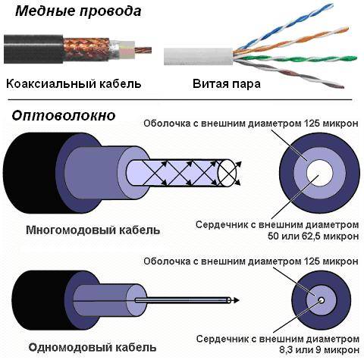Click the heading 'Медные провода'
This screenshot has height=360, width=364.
pos(78,11)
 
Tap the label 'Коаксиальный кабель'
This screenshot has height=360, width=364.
pos(74,83)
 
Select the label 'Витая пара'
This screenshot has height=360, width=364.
pos(227,84)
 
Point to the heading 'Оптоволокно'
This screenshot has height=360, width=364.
pos(64,116)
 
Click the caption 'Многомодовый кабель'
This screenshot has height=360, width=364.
pos(93,230)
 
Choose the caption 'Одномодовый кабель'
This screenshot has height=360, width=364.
pos(93,347)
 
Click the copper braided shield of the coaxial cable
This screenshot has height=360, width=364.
pos(86,49)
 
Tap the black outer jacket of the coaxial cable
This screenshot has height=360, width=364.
pos(33,49)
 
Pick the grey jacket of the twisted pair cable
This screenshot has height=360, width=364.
pos(199,56)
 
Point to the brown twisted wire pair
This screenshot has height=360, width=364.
pos(288,74)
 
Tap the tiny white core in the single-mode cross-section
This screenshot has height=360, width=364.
pos(322,300)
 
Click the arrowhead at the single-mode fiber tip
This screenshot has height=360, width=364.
pos(236,300)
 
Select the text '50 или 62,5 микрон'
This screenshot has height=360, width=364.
pos(313,236)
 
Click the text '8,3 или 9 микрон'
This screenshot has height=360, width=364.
pos(319,350)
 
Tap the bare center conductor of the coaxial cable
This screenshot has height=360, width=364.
pos(143,50)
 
